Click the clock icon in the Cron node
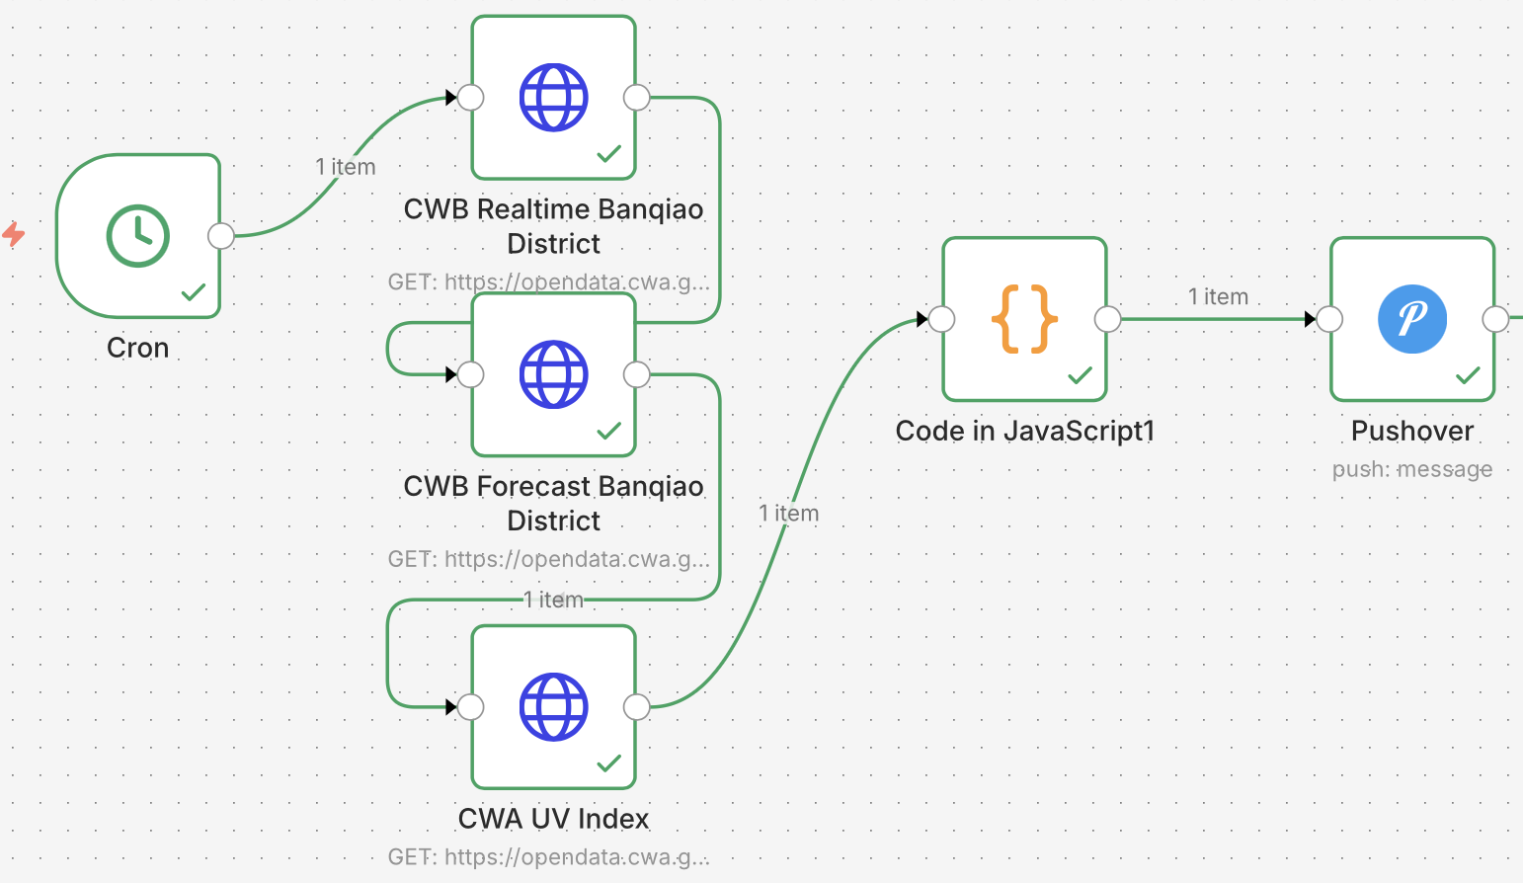[138, 236]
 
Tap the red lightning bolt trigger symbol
[14, 234]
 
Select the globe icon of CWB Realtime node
[554, 98]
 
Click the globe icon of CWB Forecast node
[554, 374]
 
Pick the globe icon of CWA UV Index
[554, 707]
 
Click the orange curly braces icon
[1024, 319]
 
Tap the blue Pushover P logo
[1412, 319]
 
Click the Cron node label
[138, 349]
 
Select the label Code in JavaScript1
[1024, 432]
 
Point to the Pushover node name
[1412, 432]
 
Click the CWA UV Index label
[554, 819]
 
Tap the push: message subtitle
[1412, 469]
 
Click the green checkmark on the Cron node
[194, 292]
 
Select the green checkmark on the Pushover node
[1469, 375]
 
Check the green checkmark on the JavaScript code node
[1081, 375]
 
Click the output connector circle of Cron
[221, 236]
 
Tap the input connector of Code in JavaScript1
[942, 319]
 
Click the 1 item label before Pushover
[1218, 297]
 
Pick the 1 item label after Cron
[346, 167]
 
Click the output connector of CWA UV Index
[637, 707]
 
